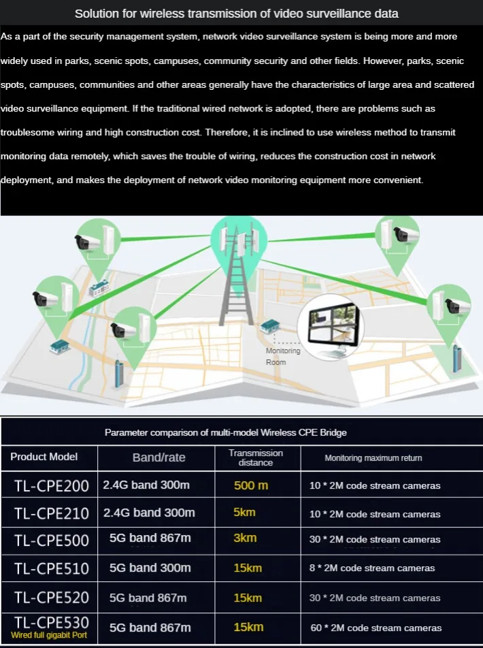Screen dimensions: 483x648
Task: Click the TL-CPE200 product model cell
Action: pos(51,486)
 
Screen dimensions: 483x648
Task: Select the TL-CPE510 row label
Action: pos(51,568)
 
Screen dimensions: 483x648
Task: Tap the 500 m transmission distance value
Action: pos(251,485)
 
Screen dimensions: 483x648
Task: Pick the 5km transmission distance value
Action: pos(245,512)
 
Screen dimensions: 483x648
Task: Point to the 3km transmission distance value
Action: pos(245,538)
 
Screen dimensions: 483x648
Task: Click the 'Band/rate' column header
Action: pos(159,457)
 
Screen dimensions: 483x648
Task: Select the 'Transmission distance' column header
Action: pos(256,457)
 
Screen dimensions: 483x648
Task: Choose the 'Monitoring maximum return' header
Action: pos(373,458)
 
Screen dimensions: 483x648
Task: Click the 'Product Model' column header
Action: pos(44,457)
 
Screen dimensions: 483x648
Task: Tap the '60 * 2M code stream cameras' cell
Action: pos(375,628)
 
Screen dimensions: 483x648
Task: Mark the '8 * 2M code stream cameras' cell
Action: pos(372,568)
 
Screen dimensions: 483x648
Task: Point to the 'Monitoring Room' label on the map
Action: pos(282,356)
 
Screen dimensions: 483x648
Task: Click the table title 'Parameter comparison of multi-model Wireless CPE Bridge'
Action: pos(226,432)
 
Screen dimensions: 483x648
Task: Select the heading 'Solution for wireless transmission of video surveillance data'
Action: pos(237,14)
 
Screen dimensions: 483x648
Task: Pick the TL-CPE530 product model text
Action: pos(51,622)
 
